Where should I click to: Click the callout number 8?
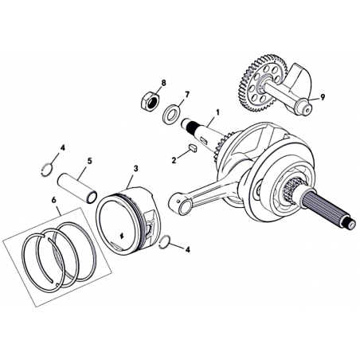(x=163, y=83)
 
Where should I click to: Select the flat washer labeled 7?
(x=171, y=113)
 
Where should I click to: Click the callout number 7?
(x=187, y=94)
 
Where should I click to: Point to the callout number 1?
(x=217, y=112)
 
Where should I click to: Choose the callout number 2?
(x=174, y=160)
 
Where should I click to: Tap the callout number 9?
(x=323, y=97)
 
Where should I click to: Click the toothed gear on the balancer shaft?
(x=261, y=84)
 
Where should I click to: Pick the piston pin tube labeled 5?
(x=77, y=188)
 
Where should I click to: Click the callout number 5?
(x=89, y=161)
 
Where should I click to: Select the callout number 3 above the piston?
(x=135, y=168)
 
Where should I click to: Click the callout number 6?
(x=53, y=200)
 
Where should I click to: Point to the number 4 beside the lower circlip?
(x=188, y=249)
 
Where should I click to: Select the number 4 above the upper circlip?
(x=62, y=148)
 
